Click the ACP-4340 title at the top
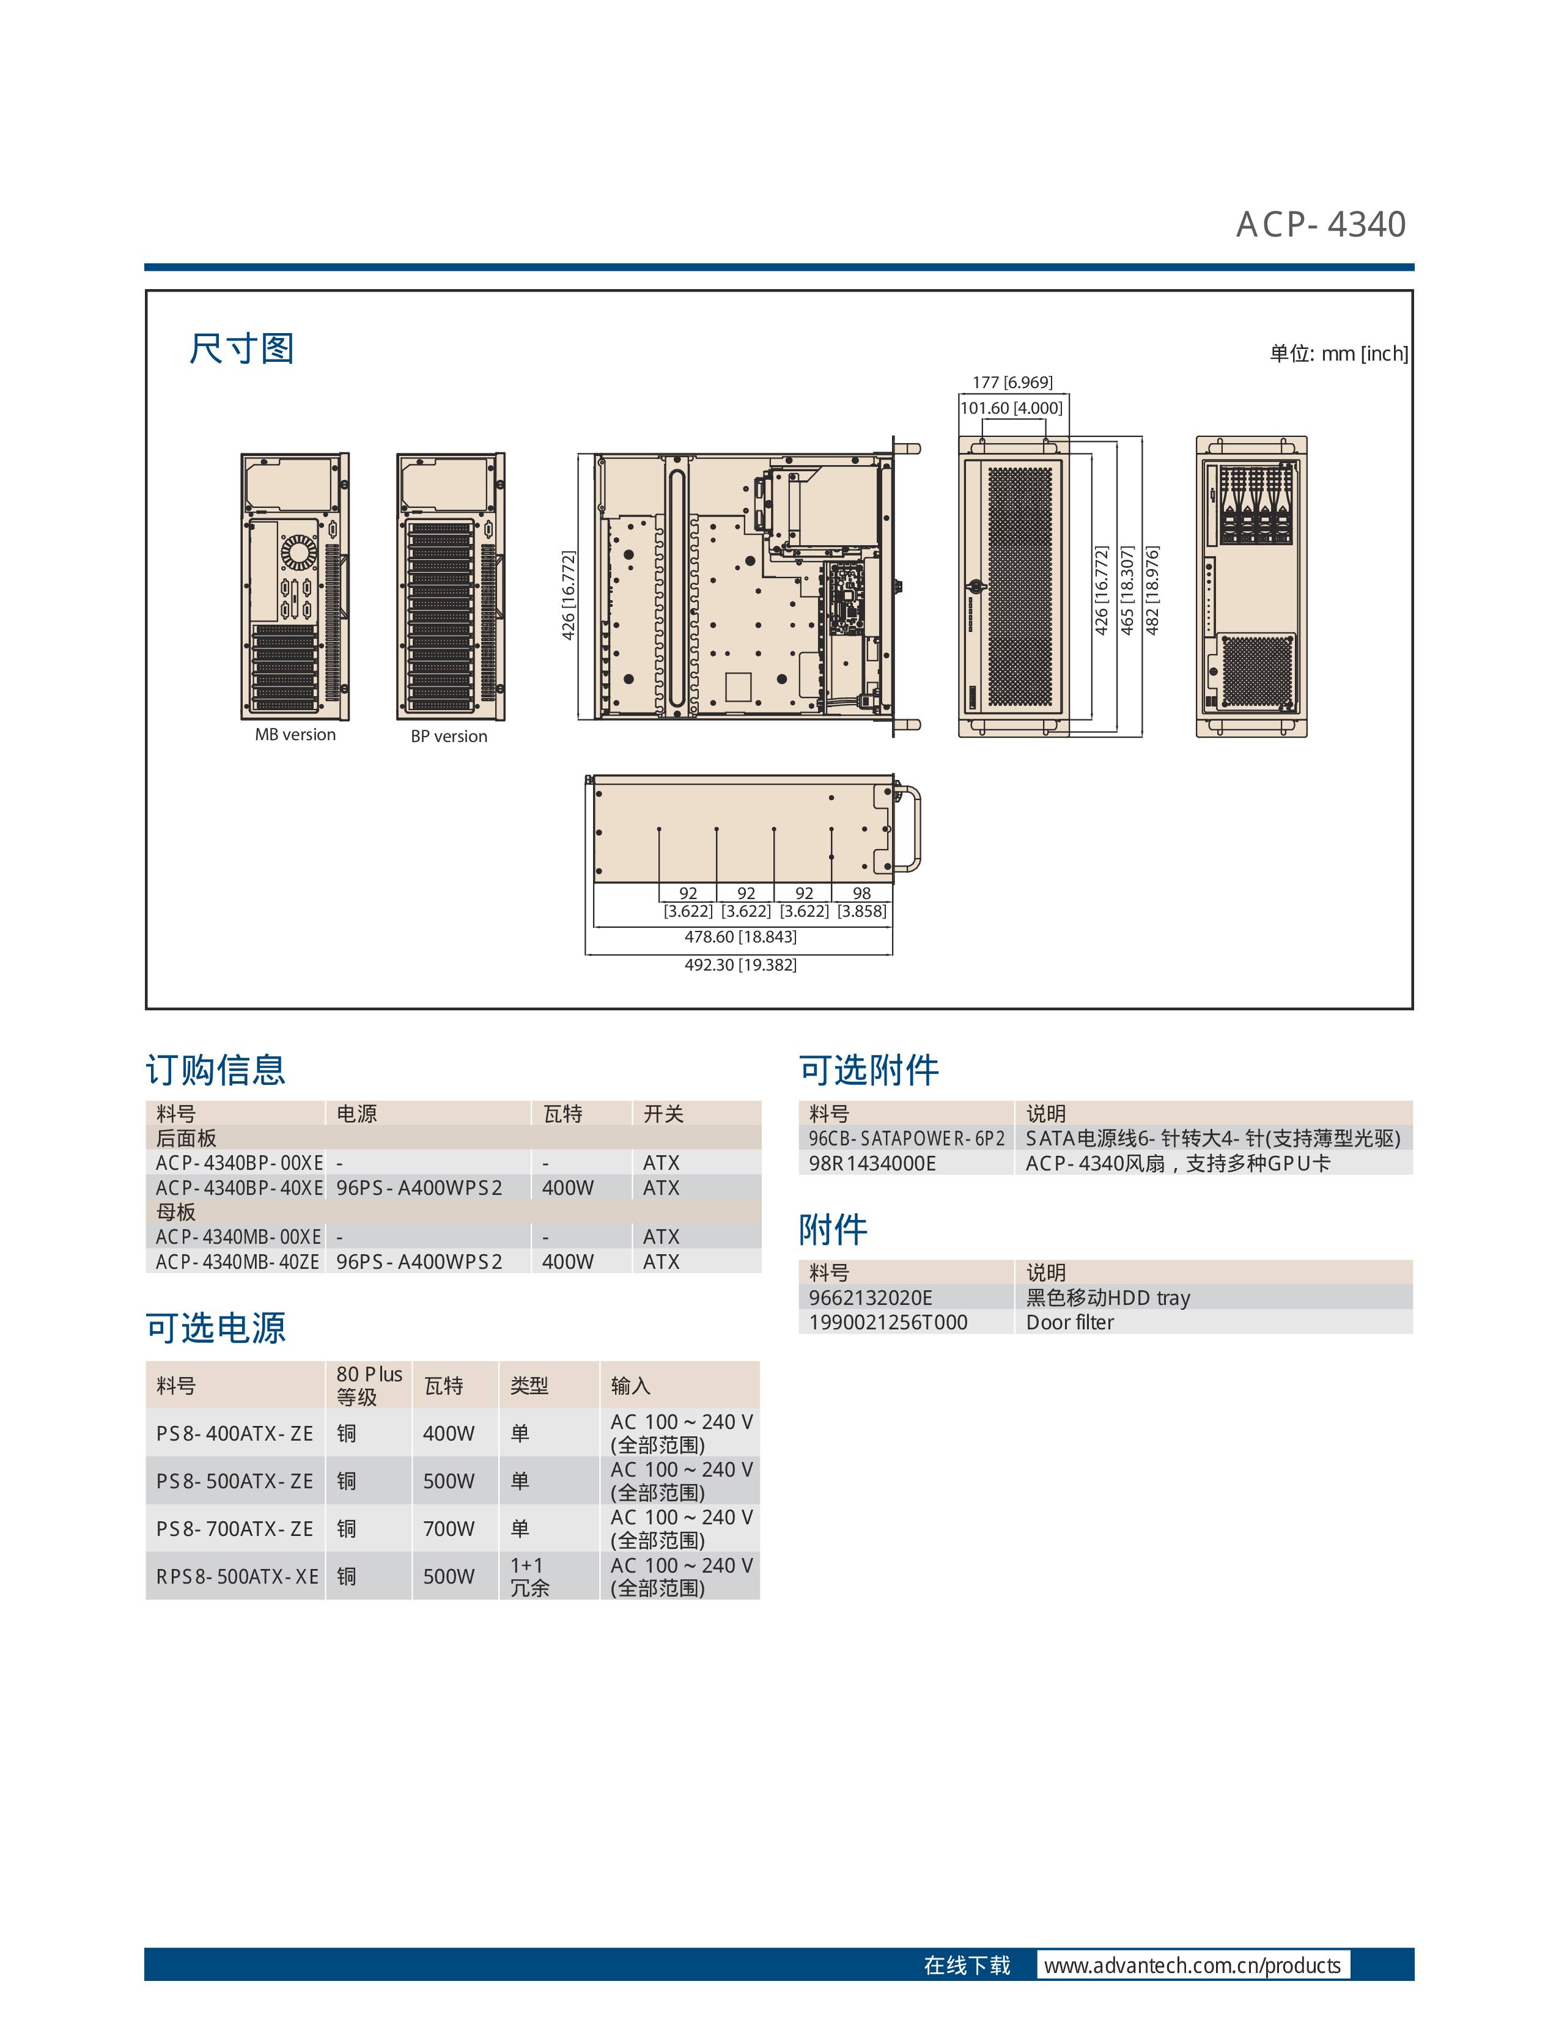pos(1321,224)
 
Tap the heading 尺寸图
pos(242,349)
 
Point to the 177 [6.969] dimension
pos(1012,383)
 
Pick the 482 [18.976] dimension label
pos(1152,590)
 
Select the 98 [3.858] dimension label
pos(861,902)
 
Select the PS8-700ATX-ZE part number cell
pos(235,1529)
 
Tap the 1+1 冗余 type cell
pos(529,1576)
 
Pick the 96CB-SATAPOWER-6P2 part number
pos(907,1139)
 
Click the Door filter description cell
pos(1069,1323)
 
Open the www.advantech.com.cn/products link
pos(1192,1965)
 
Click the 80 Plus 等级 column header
pos(369,1385)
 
